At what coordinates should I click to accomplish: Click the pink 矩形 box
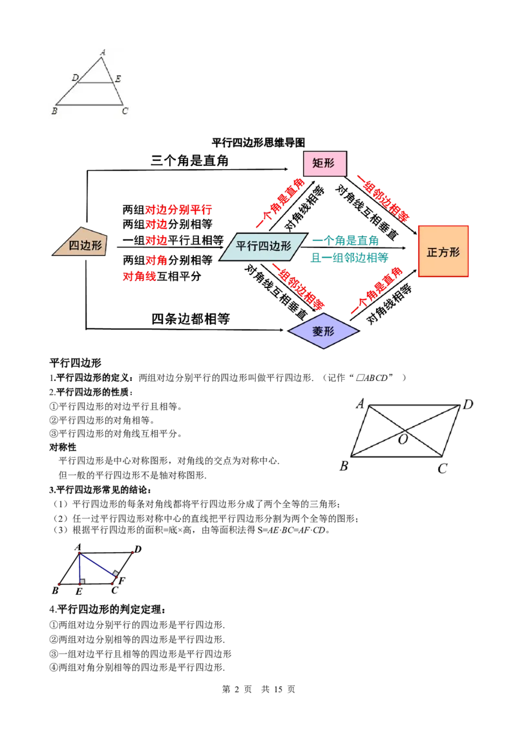325,163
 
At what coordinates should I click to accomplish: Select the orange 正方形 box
443,251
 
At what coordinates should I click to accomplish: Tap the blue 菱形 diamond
323,331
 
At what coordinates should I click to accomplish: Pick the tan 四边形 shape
80,242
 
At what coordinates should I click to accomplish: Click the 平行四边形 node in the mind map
264,246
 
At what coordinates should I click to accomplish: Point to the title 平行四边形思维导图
258,142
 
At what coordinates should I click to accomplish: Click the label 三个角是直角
189,161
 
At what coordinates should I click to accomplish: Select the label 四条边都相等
191,319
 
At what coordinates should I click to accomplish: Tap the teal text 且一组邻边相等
350,258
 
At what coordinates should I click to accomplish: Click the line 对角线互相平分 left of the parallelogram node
162,276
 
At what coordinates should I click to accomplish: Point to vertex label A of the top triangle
103,52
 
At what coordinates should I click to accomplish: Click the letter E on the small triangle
118,79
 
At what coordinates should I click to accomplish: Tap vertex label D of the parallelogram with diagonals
468,405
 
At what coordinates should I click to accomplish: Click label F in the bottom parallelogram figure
121,581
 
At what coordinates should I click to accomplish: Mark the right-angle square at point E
82,581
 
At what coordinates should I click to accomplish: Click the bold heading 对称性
63,447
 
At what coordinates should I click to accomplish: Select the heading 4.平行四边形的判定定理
107,610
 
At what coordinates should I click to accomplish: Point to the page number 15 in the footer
278,689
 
